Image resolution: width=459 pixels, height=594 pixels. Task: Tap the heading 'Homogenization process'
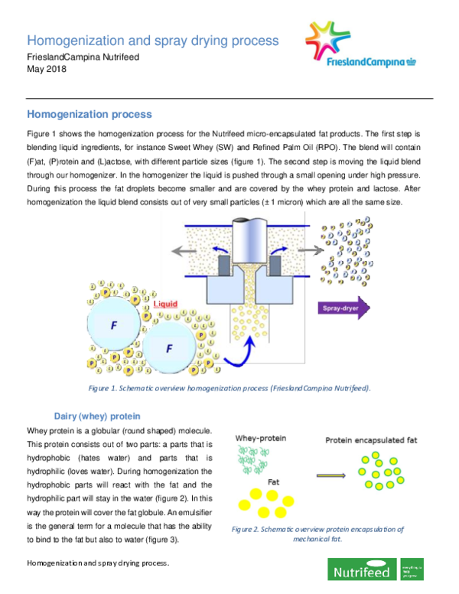pos(90,115)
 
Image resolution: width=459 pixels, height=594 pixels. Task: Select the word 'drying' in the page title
pos(193,41)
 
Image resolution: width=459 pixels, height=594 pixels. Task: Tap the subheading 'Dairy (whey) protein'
pos(97,416)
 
